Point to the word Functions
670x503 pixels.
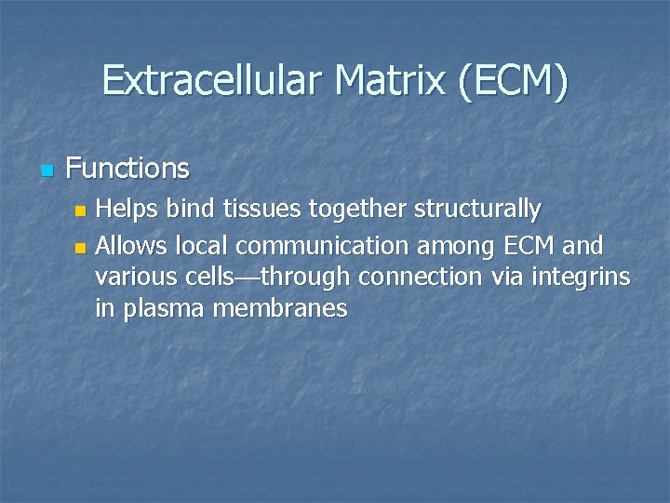point(127,169)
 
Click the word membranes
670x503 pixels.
point(280,309)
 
